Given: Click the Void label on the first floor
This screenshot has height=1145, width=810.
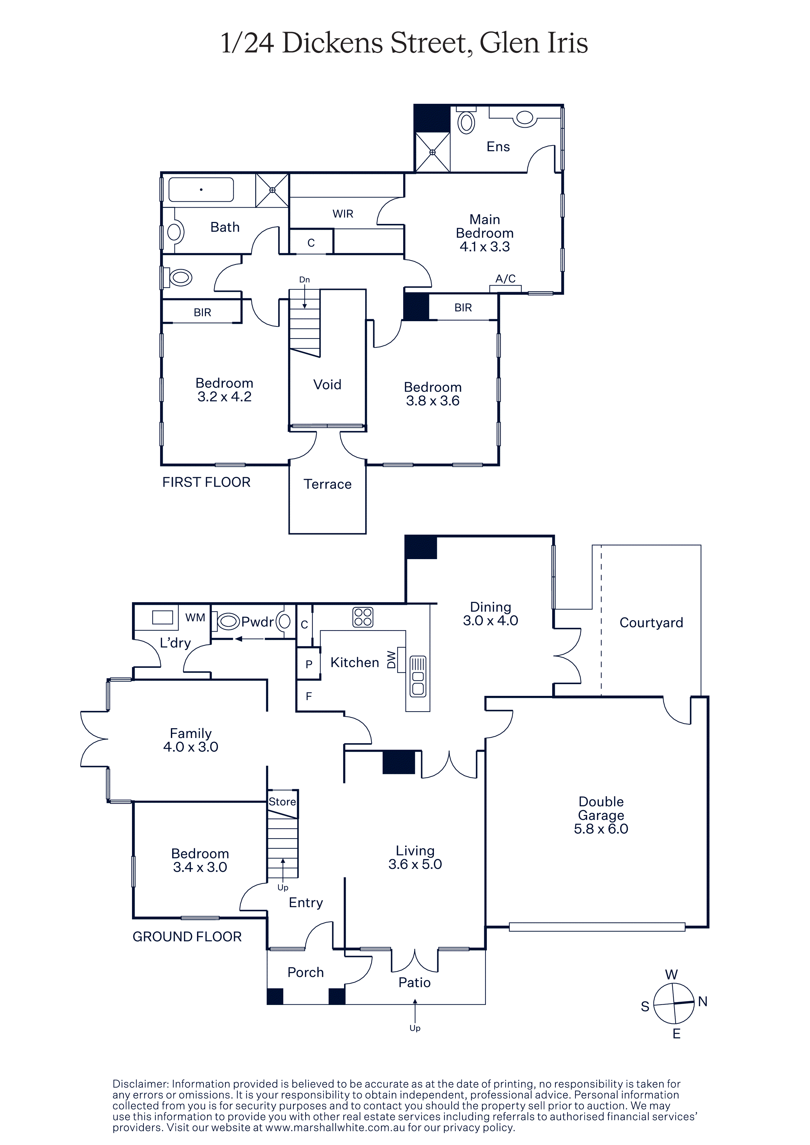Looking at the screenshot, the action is [327, 384].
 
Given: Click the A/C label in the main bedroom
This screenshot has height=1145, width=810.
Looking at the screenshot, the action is [505, 279].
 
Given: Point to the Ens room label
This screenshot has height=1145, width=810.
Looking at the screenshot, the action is [498, 147].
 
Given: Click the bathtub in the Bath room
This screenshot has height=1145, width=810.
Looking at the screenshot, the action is [201, 190].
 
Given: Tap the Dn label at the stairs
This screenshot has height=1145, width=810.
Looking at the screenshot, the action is [305, 280].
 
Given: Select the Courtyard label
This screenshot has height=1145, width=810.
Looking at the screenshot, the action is [651, 623].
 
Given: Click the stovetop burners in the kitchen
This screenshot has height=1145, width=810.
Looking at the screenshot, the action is [363, 617].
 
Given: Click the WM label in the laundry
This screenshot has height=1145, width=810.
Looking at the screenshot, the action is [195, 618].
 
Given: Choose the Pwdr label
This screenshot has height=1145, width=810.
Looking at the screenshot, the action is [257, 622].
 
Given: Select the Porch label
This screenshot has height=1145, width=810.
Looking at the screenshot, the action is [306, 972].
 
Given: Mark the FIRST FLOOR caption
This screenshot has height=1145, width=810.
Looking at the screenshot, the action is [206, 482].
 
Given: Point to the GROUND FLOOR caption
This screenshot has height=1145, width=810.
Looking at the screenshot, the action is [187, 936].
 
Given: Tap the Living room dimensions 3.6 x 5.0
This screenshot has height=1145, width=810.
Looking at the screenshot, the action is [415, 864].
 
